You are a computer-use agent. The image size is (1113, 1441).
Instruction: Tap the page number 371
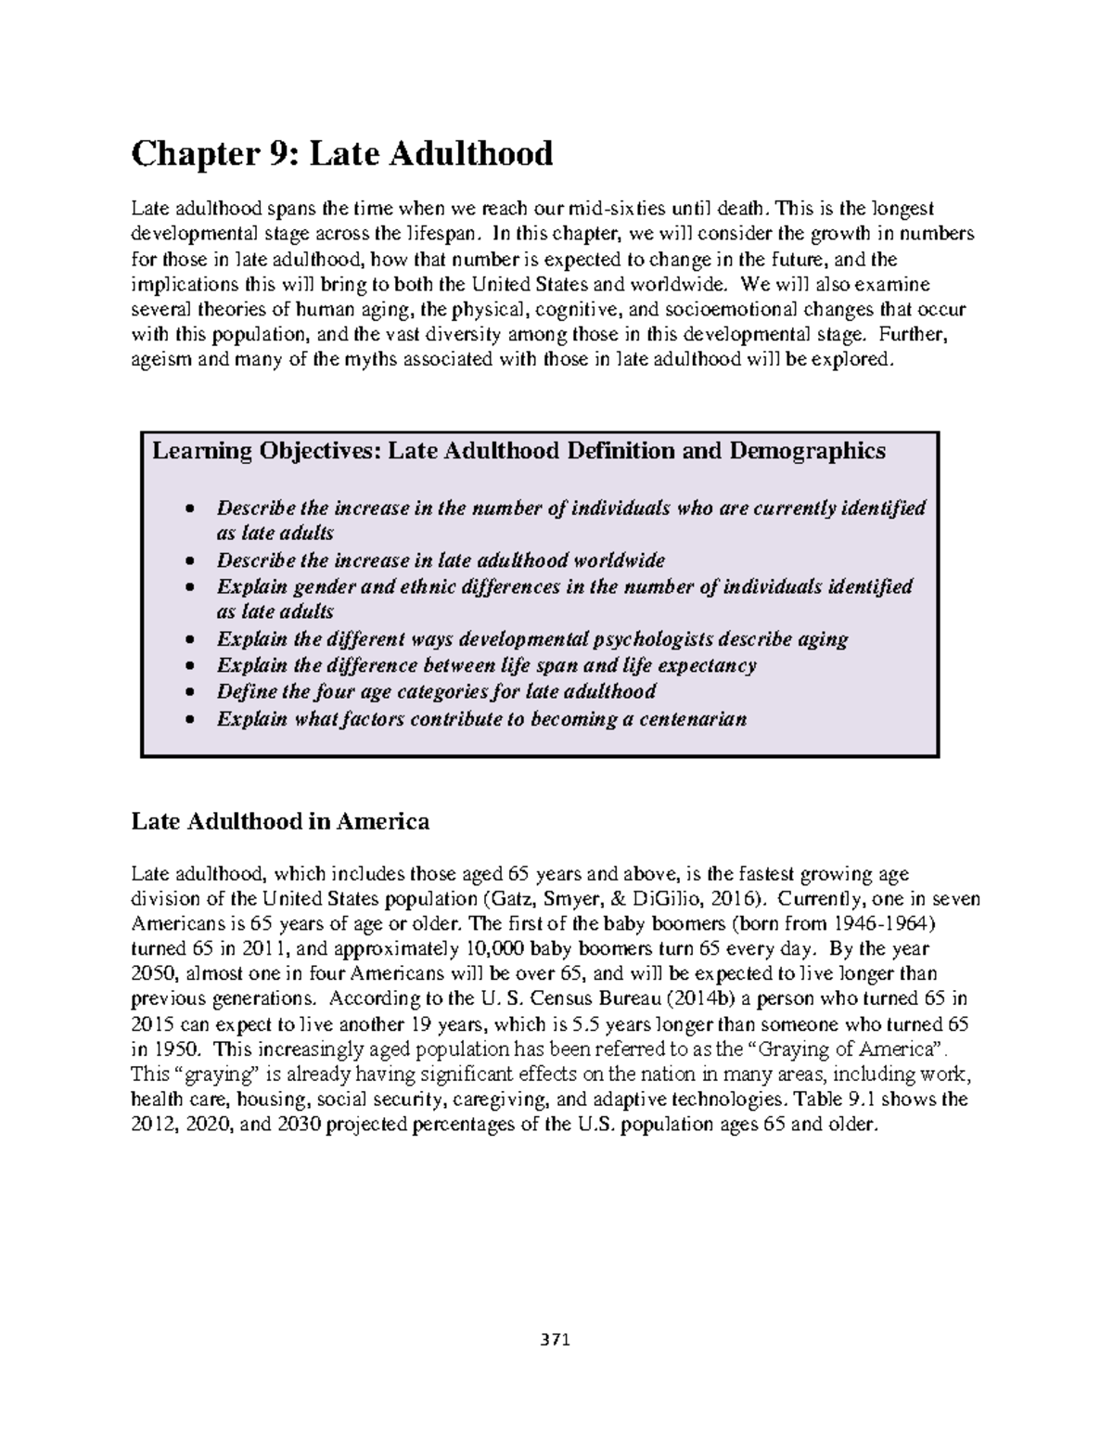click(x=556, y=1340)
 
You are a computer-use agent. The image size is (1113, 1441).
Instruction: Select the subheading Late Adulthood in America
click(x=280, y=821)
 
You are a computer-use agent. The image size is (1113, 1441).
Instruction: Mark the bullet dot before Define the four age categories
click(x=189, y=692)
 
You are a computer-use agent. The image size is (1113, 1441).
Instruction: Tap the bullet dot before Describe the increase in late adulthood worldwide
click(x=189, y=561)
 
